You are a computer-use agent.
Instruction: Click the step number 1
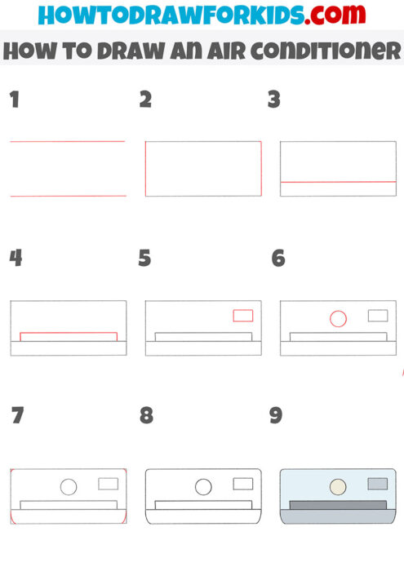click(x=14, y=100)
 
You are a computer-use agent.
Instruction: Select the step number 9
click(x=276, y=416)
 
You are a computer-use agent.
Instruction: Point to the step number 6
click(x=278, y=259)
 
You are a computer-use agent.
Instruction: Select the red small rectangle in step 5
click(x=242, y=316)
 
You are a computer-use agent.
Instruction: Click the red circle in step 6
click(x=338, y=319)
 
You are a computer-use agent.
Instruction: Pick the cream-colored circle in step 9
click(x=338, y=487)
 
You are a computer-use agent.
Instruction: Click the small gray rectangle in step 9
click(x=377, y=484)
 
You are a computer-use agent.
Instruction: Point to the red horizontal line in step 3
click(x=338, y=182)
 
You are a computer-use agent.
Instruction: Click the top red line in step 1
click(x=67, y=142)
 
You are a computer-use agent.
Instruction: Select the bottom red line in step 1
click(x=67, y=196)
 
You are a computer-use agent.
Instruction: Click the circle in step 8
click(x=203, y=487)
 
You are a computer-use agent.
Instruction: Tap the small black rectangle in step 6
click(x=377, y=316)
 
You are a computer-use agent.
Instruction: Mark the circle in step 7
click(x=69, y=487)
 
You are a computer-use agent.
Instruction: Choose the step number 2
click(x=146, y=100)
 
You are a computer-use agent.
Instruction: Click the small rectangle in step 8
click(x=242, y=484)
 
